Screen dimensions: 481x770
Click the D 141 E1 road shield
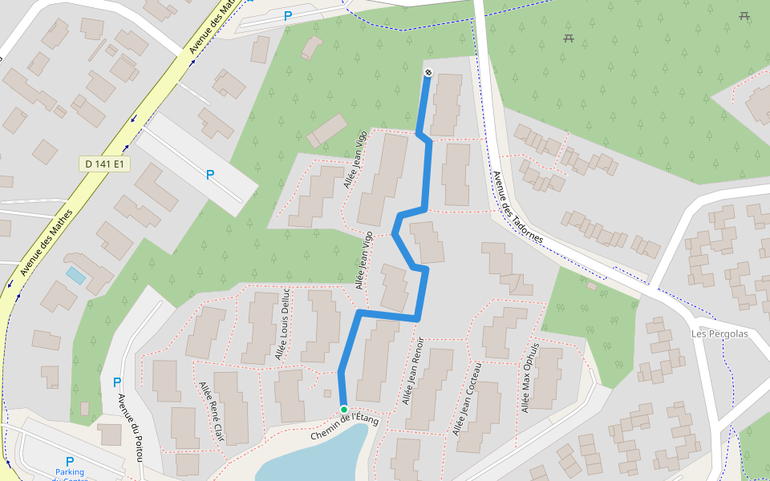[105, 164]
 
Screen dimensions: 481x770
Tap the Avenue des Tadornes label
[517, 208]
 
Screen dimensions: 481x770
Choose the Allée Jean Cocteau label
[467, 398]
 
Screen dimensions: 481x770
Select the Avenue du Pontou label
[130, 426]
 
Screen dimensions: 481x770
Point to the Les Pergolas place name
[719, 333]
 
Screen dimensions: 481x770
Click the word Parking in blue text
[70, 473]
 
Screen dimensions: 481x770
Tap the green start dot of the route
[343, 409]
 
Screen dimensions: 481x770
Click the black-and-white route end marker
[428, 73]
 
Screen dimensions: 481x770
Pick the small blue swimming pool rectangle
[75, 276]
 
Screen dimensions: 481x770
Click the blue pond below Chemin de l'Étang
[321, 457]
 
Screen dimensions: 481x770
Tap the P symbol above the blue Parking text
[69, 461]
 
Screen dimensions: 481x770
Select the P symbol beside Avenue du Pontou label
[117, 382]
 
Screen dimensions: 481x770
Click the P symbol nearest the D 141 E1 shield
[210, 174]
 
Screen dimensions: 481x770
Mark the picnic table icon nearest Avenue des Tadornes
[569, 38]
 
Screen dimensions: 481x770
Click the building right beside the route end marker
[447, 104]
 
